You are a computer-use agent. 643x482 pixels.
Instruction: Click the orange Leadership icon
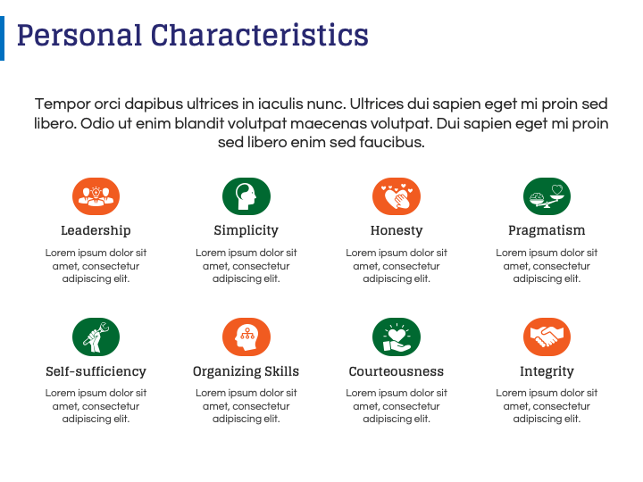coord(96,196)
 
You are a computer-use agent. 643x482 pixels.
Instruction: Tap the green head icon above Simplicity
coord(246,196)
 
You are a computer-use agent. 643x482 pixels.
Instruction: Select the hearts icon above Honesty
coord(397,196)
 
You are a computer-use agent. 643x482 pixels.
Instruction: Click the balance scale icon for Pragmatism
coord(547,196)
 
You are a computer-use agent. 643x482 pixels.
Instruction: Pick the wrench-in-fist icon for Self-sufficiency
coord(96,337)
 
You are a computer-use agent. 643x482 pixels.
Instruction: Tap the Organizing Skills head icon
coord(246,337)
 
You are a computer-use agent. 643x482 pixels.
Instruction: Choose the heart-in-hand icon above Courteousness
coord(397,337)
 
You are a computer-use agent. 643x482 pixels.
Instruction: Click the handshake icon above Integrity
coord(547,337)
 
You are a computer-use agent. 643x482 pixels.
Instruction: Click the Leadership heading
coord(96,230)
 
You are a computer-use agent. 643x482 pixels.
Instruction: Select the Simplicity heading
coord(246,231)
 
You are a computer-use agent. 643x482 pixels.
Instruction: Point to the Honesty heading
coord(397,231)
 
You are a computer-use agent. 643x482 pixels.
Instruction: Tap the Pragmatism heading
coord(547,231)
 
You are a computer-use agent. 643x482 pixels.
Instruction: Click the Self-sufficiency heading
coord(96,371)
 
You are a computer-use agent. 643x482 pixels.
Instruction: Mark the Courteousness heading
coord(397,371)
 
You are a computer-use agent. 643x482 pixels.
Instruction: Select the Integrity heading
coord(547,371)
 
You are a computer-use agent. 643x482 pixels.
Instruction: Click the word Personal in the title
coord(79,35)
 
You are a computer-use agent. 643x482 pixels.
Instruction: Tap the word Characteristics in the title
coord(260,35)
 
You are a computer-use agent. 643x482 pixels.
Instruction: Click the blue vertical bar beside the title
coord(2,38)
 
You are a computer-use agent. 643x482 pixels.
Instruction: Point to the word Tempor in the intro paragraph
coord(63,104)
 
